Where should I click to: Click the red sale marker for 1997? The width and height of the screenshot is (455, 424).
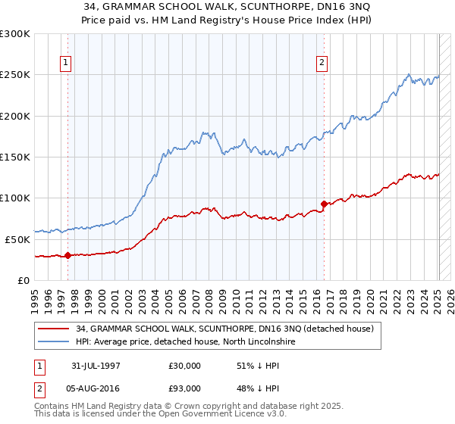[67, 255]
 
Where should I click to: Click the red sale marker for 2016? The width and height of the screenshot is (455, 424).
[324, 204]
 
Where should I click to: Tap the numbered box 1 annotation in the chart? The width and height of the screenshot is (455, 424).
[67, 63]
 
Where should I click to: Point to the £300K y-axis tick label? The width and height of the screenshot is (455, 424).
[15, 34]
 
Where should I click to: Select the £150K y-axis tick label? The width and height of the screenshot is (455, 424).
[15, 157]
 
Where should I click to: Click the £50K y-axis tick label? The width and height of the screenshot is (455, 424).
[17, 239]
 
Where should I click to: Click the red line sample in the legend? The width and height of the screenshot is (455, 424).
[54, 329]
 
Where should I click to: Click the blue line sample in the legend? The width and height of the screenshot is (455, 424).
[54, 342]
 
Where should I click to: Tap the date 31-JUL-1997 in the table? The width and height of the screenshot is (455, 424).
[96, 366]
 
